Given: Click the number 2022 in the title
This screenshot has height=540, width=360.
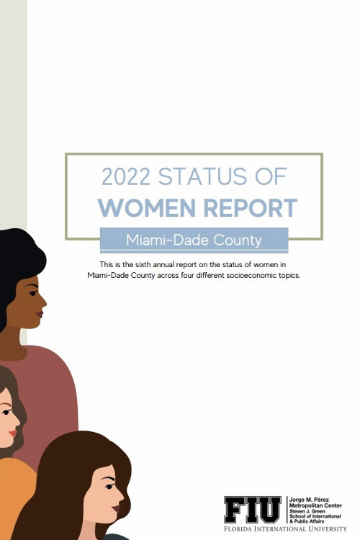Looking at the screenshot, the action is [126, 176].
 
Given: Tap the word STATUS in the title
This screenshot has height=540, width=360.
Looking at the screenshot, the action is [202, 176].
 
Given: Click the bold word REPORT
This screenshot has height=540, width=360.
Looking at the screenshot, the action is [250, 207].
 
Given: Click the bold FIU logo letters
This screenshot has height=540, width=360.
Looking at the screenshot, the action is [253, 510].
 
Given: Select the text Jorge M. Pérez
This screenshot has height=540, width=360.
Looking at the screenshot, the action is [309, 500].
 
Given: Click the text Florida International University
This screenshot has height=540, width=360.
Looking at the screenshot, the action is [285, 529].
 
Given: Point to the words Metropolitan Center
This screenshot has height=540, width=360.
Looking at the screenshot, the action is [315, 505].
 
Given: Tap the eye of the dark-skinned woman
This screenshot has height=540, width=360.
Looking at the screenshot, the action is [33, 293].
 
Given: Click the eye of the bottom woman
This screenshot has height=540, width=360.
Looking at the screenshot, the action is [109, 486].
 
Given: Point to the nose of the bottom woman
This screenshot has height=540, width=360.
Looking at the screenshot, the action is [120, 497].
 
